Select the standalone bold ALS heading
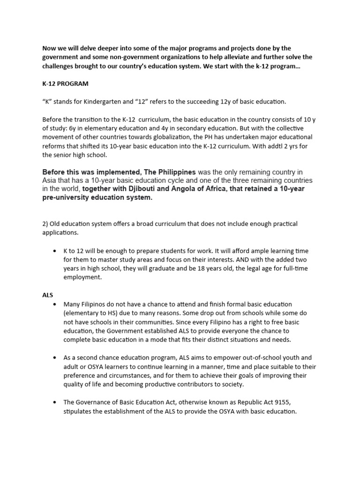click(47, 295)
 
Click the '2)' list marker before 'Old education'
click(46, 224)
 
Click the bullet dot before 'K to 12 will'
click(55, 251)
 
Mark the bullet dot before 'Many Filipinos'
click(55, 305)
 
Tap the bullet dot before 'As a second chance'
click(55, 357)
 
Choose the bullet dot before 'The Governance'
click(55, 402)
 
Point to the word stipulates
click(79, 411)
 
